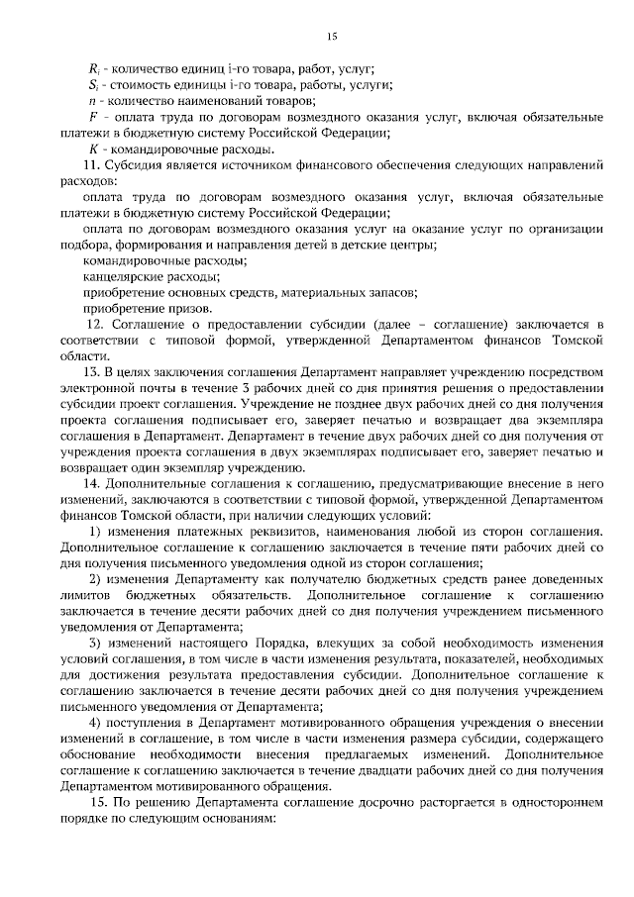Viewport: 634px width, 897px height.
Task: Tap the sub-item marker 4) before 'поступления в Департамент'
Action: pyautogui.click(x=94, y=723)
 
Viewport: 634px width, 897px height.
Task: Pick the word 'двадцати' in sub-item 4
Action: pyautogui.click(x=415, y=770)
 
